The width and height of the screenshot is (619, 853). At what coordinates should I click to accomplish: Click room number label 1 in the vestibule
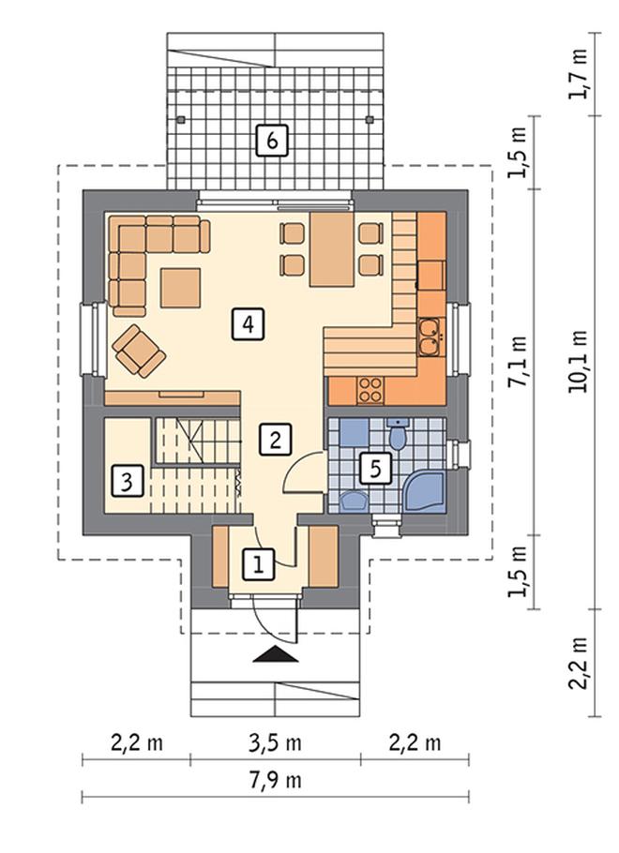[x=259, y=563]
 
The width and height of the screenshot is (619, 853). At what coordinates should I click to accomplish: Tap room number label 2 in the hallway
[x=276, y=440]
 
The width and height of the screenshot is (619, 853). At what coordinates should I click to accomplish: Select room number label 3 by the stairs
[x=127, y=481]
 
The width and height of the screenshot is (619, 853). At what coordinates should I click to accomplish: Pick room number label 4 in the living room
[x=249, y=324]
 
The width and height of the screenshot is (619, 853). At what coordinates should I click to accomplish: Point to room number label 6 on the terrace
[x=272, y=141]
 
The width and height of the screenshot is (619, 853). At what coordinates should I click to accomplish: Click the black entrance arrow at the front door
[x=276, y=653]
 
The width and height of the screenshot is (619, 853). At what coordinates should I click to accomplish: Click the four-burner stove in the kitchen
[x=370, y=390]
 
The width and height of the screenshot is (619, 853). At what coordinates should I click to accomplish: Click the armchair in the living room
[x=139, y=351]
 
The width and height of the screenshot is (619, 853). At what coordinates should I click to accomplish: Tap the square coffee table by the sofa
[x=180, y=287]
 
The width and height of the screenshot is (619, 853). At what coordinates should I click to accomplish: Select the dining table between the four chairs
[x=332, y=249]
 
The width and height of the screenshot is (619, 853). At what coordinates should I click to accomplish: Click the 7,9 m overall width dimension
[x=276, y=781]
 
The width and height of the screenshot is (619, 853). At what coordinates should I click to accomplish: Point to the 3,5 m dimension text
[x=276, y=742]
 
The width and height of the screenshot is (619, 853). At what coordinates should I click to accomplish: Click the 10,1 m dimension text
[x=578, y=362]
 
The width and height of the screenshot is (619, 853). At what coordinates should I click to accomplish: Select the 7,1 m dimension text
[x=519, y=361]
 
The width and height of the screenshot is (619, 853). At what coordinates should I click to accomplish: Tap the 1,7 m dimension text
[x=578, y=74]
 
